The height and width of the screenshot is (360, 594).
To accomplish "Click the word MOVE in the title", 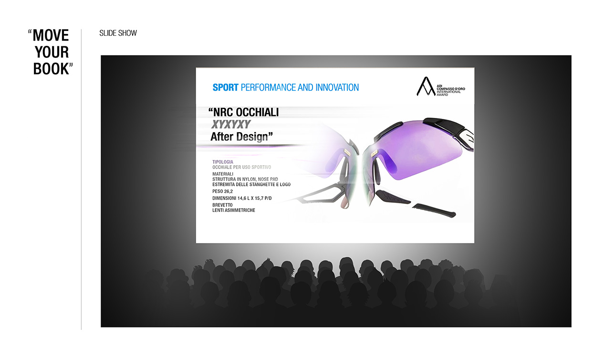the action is (x=51, y=35).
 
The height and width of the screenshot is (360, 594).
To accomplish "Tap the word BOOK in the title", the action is (x=51, y=69).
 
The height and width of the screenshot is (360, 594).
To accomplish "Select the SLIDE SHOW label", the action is (x=118, y=33).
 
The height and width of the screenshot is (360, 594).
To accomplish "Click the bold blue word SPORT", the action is (x=225, y=87).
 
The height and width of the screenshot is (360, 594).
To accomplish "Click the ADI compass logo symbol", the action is (x=426, y=86).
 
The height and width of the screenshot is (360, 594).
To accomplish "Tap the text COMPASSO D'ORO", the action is (x=451, y=89).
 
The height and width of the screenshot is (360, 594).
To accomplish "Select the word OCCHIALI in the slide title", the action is (x=257, y=112).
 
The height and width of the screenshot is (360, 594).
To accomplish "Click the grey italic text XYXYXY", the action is (x=231, y=125).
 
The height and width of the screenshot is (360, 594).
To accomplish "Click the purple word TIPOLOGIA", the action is (x=223, y=162).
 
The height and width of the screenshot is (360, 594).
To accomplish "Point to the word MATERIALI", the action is (x=223, y=174).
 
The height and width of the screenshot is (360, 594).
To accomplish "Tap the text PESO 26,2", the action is (x=222, y=191).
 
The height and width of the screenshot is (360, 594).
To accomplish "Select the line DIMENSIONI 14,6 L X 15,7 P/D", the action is (x=242, y=198).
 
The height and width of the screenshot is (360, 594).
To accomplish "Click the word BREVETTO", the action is (x=222, y=205).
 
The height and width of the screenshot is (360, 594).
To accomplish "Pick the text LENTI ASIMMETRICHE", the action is (x=234, y=210).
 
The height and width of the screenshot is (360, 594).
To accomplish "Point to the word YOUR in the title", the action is (x=52, y=52).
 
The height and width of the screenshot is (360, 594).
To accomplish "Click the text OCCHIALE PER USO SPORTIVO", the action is (x=241, y=167).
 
